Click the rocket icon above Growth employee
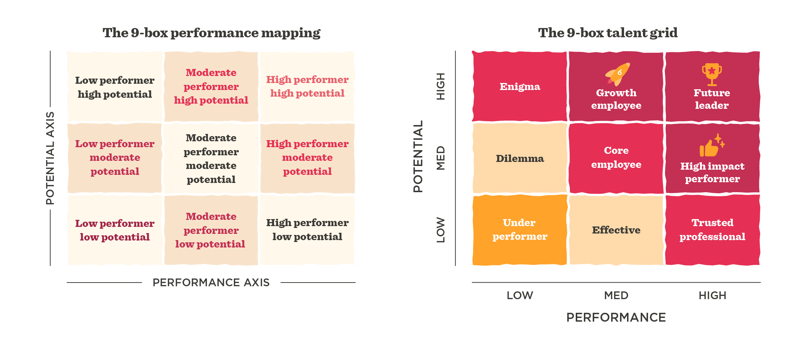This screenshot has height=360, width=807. pos(617,74)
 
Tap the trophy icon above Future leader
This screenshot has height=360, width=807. pos(711,74)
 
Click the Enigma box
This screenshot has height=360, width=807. pos(520,87)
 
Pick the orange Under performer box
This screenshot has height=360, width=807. pos(520,229)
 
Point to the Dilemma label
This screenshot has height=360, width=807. pos(520,159)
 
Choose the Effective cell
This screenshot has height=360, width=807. pos(616,230)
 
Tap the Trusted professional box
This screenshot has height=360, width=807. pos(712,229)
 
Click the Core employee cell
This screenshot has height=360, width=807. pos(616,157)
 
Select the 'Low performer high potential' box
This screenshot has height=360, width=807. pos(115,87)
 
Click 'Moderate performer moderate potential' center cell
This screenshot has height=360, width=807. pos(211,159)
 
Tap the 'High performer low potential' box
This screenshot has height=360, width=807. pos(307,229)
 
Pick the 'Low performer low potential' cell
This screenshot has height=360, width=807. pos(115,230)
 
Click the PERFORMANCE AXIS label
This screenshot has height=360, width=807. pos(211,283)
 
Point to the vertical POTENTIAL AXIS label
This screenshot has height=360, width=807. pos(50,158)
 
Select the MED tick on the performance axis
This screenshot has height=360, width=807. pos(616,295)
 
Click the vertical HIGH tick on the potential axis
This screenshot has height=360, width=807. pos(441,86)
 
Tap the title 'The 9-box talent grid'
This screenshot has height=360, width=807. pos(607,33)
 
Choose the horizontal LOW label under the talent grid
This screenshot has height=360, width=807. pos(520,295)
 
